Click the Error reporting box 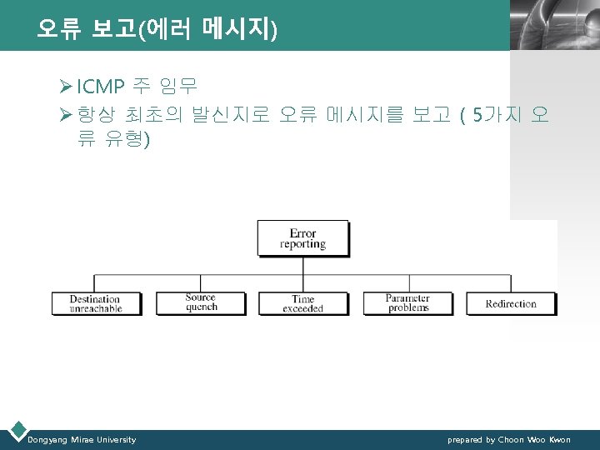303,238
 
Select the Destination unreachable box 95,303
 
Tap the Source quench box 201,302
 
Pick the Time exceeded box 303,303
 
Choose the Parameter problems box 407,303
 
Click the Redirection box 511,303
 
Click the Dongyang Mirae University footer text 82,439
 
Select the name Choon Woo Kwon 534,439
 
